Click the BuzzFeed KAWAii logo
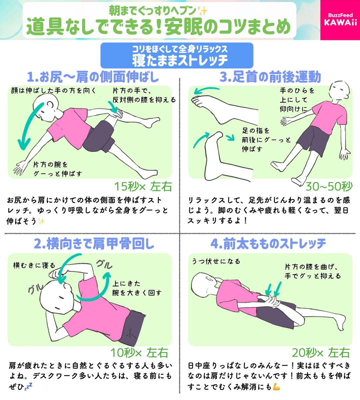(x=340, y=20)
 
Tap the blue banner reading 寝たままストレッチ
(x=177, y=55)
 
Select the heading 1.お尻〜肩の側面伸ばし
(x=93, y=77)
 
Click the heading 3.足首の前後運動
(x=270, y=77)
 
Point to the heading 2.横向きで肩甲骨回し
(x=94, y=244)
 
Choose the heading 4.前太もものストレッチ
(x=268, y=244)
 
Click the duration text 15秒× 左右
(x=143, y=186)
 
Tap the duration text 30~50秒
(x=329, y=186)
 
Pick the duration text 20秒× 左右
(x=321, y=353)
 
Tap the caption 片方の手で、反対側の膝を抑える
(x=144, y=95)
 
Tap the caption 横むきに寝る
(x=34, y=265)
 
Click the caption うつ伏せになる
(x=216, y=261)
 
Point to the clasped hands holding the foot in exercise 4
(x=271, y=302)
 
